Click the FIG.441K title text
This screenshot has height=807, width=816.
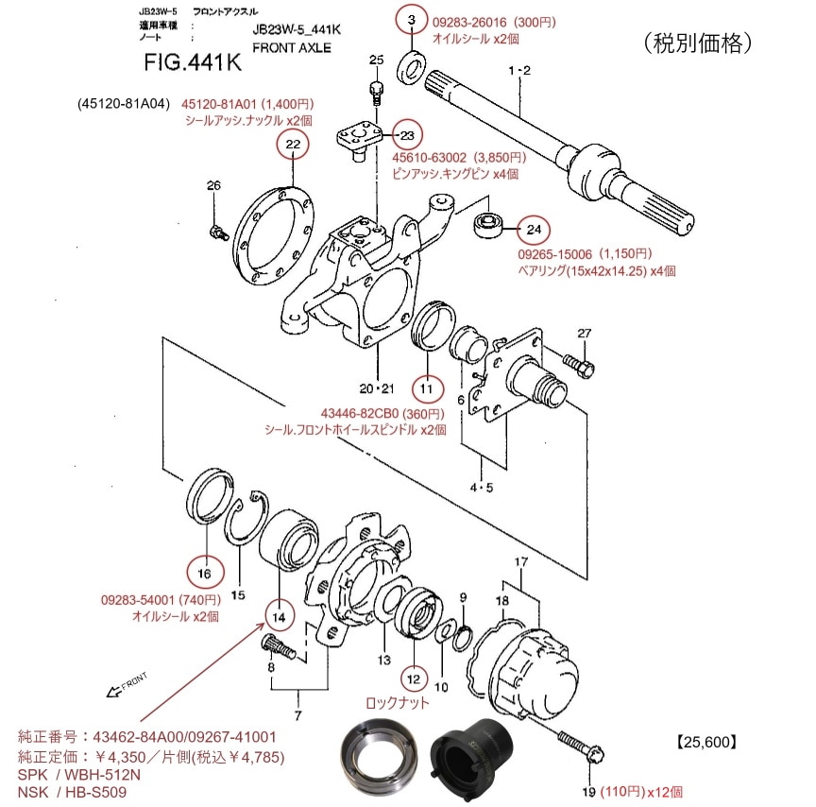[x=194, y=64]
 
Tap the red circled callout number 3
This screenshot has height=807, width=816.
[x=411, y=20]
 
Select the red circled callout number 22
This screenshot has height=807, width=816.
[x=293, y=145]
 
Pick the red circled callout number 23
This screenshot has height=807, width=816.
[x=406, y=134]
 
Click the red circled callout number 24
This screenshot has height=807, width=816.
[x=534, y=229]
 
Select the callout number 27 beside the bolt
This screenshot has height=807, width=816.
[x=583, y=333]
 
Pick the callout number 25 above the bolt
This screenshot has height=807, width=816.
[x=376, y=60]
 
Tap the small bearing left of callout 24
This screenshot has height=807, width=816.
[x=490, y=226]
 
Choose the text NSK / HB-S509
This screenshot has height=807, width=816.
[x=72, y=792]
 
